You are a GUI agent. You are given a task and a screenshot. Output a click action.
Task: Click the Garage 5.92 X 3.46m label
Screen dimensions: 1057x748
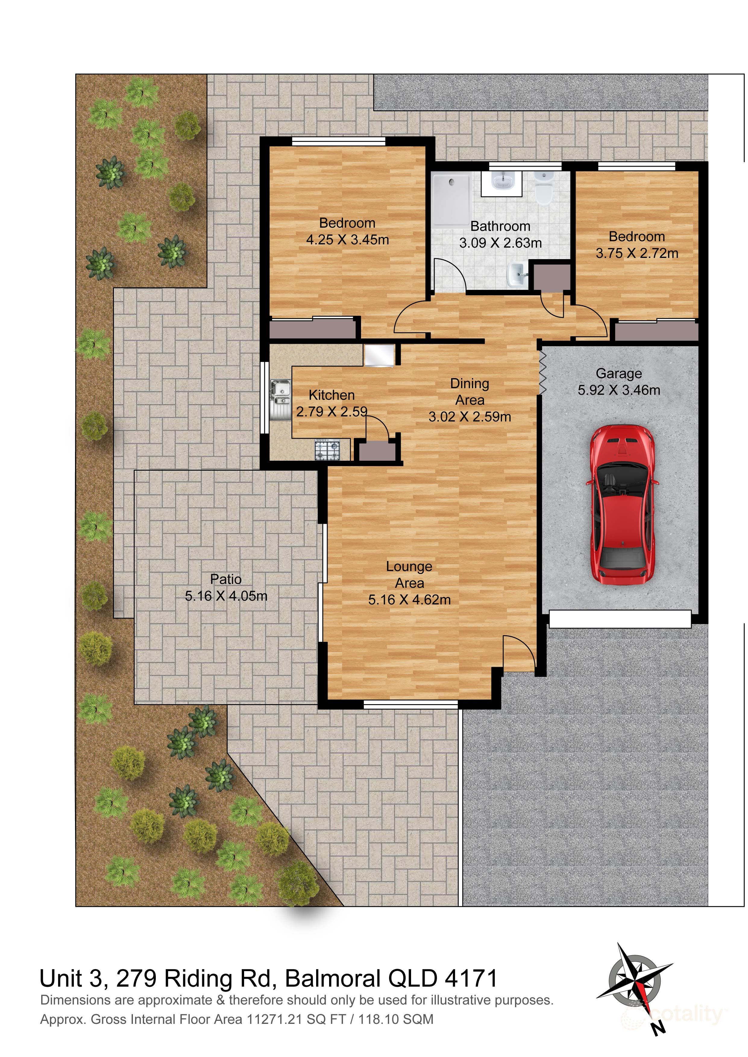pos(619,382)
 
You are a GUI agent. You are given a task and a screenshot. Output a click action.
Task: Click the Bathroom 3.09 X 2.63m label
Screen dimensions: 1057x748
pos(500,234)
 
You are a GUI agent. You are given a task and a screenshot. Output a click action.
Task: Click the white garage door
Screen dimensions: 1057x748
pos(620,619)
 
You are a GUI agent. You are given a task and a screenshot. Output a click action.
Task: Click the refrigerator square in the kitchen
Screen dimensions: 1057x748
pos(379,356)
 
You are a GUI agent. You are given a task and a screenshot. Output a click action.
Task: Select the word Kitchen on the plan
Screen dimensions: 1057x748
pos(331,395)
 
